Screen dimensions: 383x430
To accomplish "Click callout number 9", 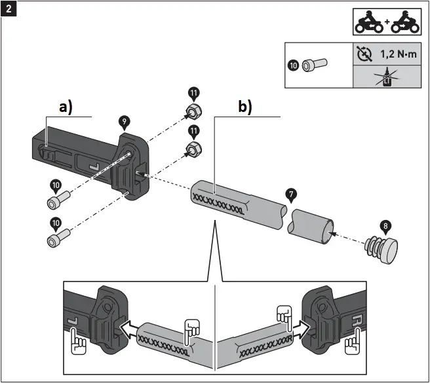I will click(123, 121).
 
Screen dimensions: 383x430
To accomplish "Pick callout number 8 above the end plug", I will click(385, 226).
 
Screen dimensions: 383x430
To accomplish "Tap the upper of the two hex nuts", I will click(193, 112).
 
